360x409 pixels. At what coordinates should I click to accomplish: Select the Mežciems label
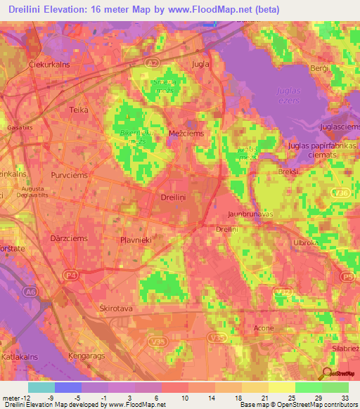click(187, 132)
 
